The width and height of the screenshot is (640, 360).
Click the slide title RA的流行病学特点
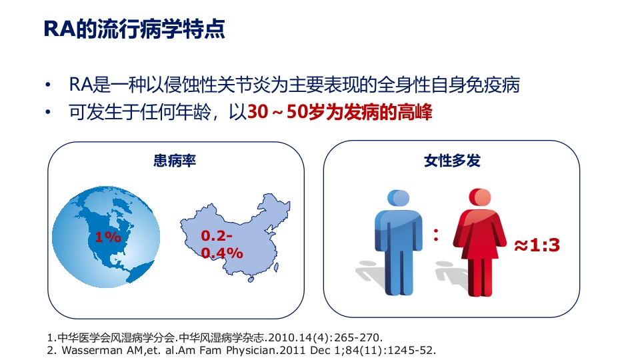tap(133, 30)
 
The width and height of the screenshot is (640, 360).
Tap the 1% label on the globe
tap(107, 237)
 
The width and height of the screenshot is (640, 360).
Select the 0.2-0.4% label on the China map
tap(221, 244)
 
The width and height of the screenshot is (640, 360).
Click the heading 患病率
tap(175, 161)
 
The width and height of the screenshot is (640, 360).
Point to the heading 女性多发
tap(452, 161)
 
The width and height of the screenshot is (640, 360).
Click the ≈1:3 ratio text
tap(536, 245)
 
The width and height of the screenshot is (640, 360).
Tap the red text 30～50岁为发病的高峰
tap(340, 112)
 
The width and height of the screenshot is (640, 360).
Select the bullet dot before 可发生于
tap(47, 112)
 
